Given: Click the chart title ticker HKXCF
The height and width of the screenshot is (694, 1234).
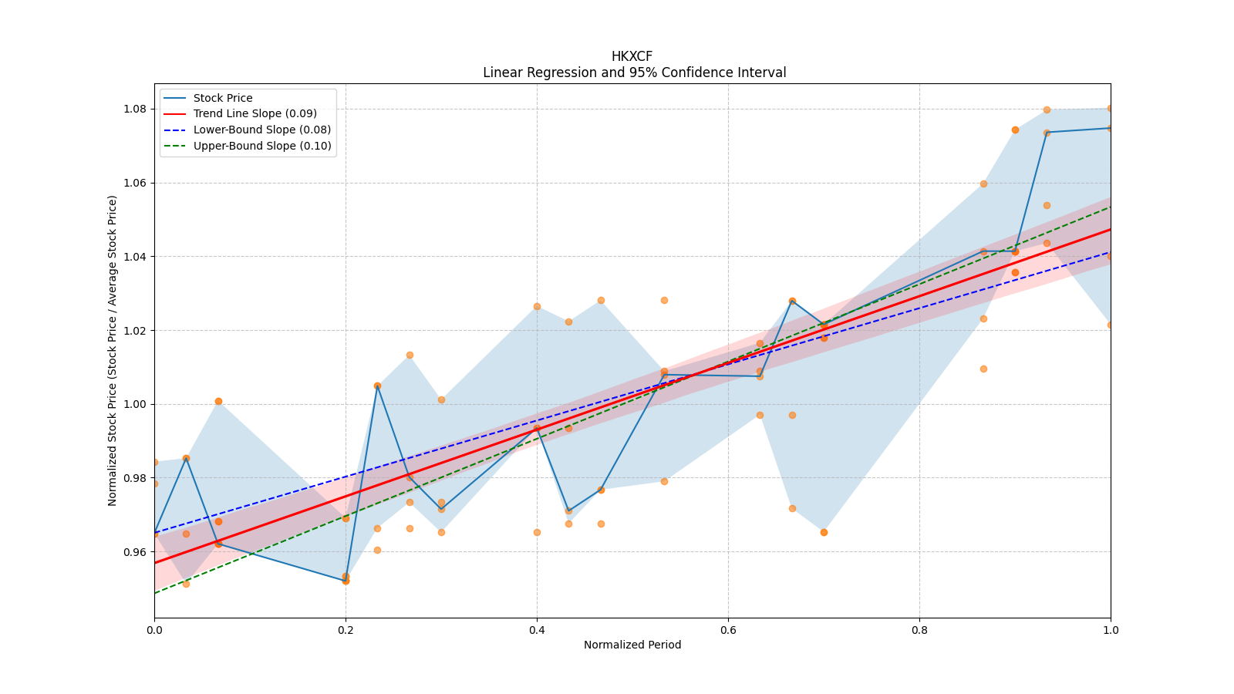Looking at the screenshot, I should (632, 56).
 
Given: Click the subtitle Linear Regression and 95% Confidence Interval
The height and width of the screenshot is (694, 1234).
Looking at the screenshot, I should (634, 72).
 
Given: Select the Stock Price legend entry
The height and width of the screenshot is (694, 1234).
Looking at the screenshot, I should (223, 98).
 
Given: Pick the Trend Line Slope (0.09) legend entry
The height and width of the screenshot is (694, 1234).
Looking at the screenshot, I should (255, 113).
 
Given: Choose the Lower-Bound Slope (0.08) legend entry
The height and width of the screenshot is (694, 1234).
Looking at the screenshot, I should (261, 130).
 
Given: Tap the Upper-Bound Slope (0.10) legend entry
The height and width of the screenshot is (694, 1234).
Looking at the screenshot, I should (262, 146).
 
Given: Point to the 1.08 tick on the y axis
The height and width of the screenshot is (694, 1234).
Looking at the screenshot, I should (136, 109).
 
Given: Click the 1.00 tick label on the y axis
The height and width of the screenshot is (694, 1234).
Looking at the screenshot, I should (136, 404).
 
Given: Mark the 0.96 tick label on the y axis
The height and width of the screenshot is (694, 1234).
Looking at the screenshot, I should (136, 552).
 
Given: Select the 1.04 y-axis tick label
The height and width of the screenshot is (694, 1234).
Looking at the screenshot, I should (136, 257).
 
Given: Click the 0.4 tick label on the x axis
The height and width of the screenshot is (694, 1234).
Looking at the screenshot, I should (537, 630).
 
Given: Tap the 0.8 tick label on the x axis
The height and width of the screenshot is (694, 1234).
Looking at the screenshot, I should (919, 630).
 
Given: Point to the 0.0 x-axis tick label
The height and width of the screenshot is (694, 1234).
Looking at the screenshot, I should (154, 630).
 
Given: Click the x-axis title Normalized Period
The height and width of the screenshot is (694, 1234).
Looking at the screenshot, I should (632, 645).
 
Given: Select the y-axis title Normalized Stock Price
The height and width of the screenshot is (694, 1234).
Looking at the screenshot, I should (113, 350).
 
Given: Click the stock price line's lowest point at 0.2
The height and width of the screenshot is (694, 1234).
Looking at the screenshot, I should (346, 581).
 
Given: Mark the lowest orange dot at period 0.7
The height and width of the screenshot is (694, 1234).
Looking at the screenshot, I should (824, 532).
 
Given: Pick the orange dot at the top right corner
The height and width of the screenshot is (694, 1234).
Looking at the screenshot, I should (1110, 109).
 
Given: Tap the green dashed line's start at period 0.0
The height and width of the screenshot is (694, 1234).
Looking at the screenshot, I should (155, 593).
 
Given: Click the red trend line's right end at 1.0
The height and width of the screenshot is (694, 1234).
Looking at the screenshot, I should (1110, 229).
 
